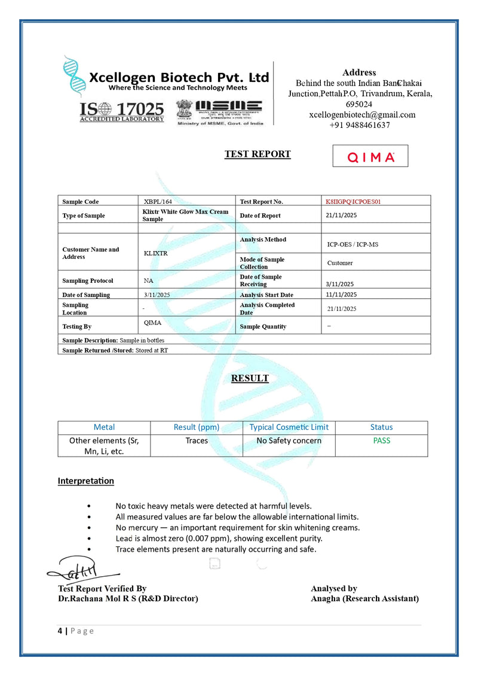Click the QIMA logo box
pos(370,157)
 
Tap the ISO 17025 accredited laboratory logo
pos(122,111)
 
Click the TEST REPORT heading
pos(258,154)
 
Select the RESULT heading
pos(250,378)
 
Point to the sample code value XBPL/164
pos(158,202)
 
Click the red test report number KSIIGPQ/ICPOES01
pos(353,201)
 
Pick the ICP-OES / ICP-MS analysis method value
pos(353,244)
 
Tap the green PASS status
pos(381,441)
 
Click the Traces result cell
pos(197,441)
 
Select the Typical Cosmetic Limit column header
pos(289,427)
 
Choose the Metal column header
pos(104,427)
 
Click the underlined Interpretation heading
pos(85,481)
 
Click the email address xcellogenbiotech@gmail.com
pos(362,115)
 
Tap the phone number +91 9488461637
pos(360,126)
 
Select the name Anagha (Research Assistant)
pos(364,598)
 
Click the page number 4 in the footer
pos(60,631)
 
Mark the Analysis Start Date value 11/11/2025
pos(341,295)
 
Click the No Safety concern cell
pos(289,441)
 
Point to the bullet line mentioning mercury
pos(237,528)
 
